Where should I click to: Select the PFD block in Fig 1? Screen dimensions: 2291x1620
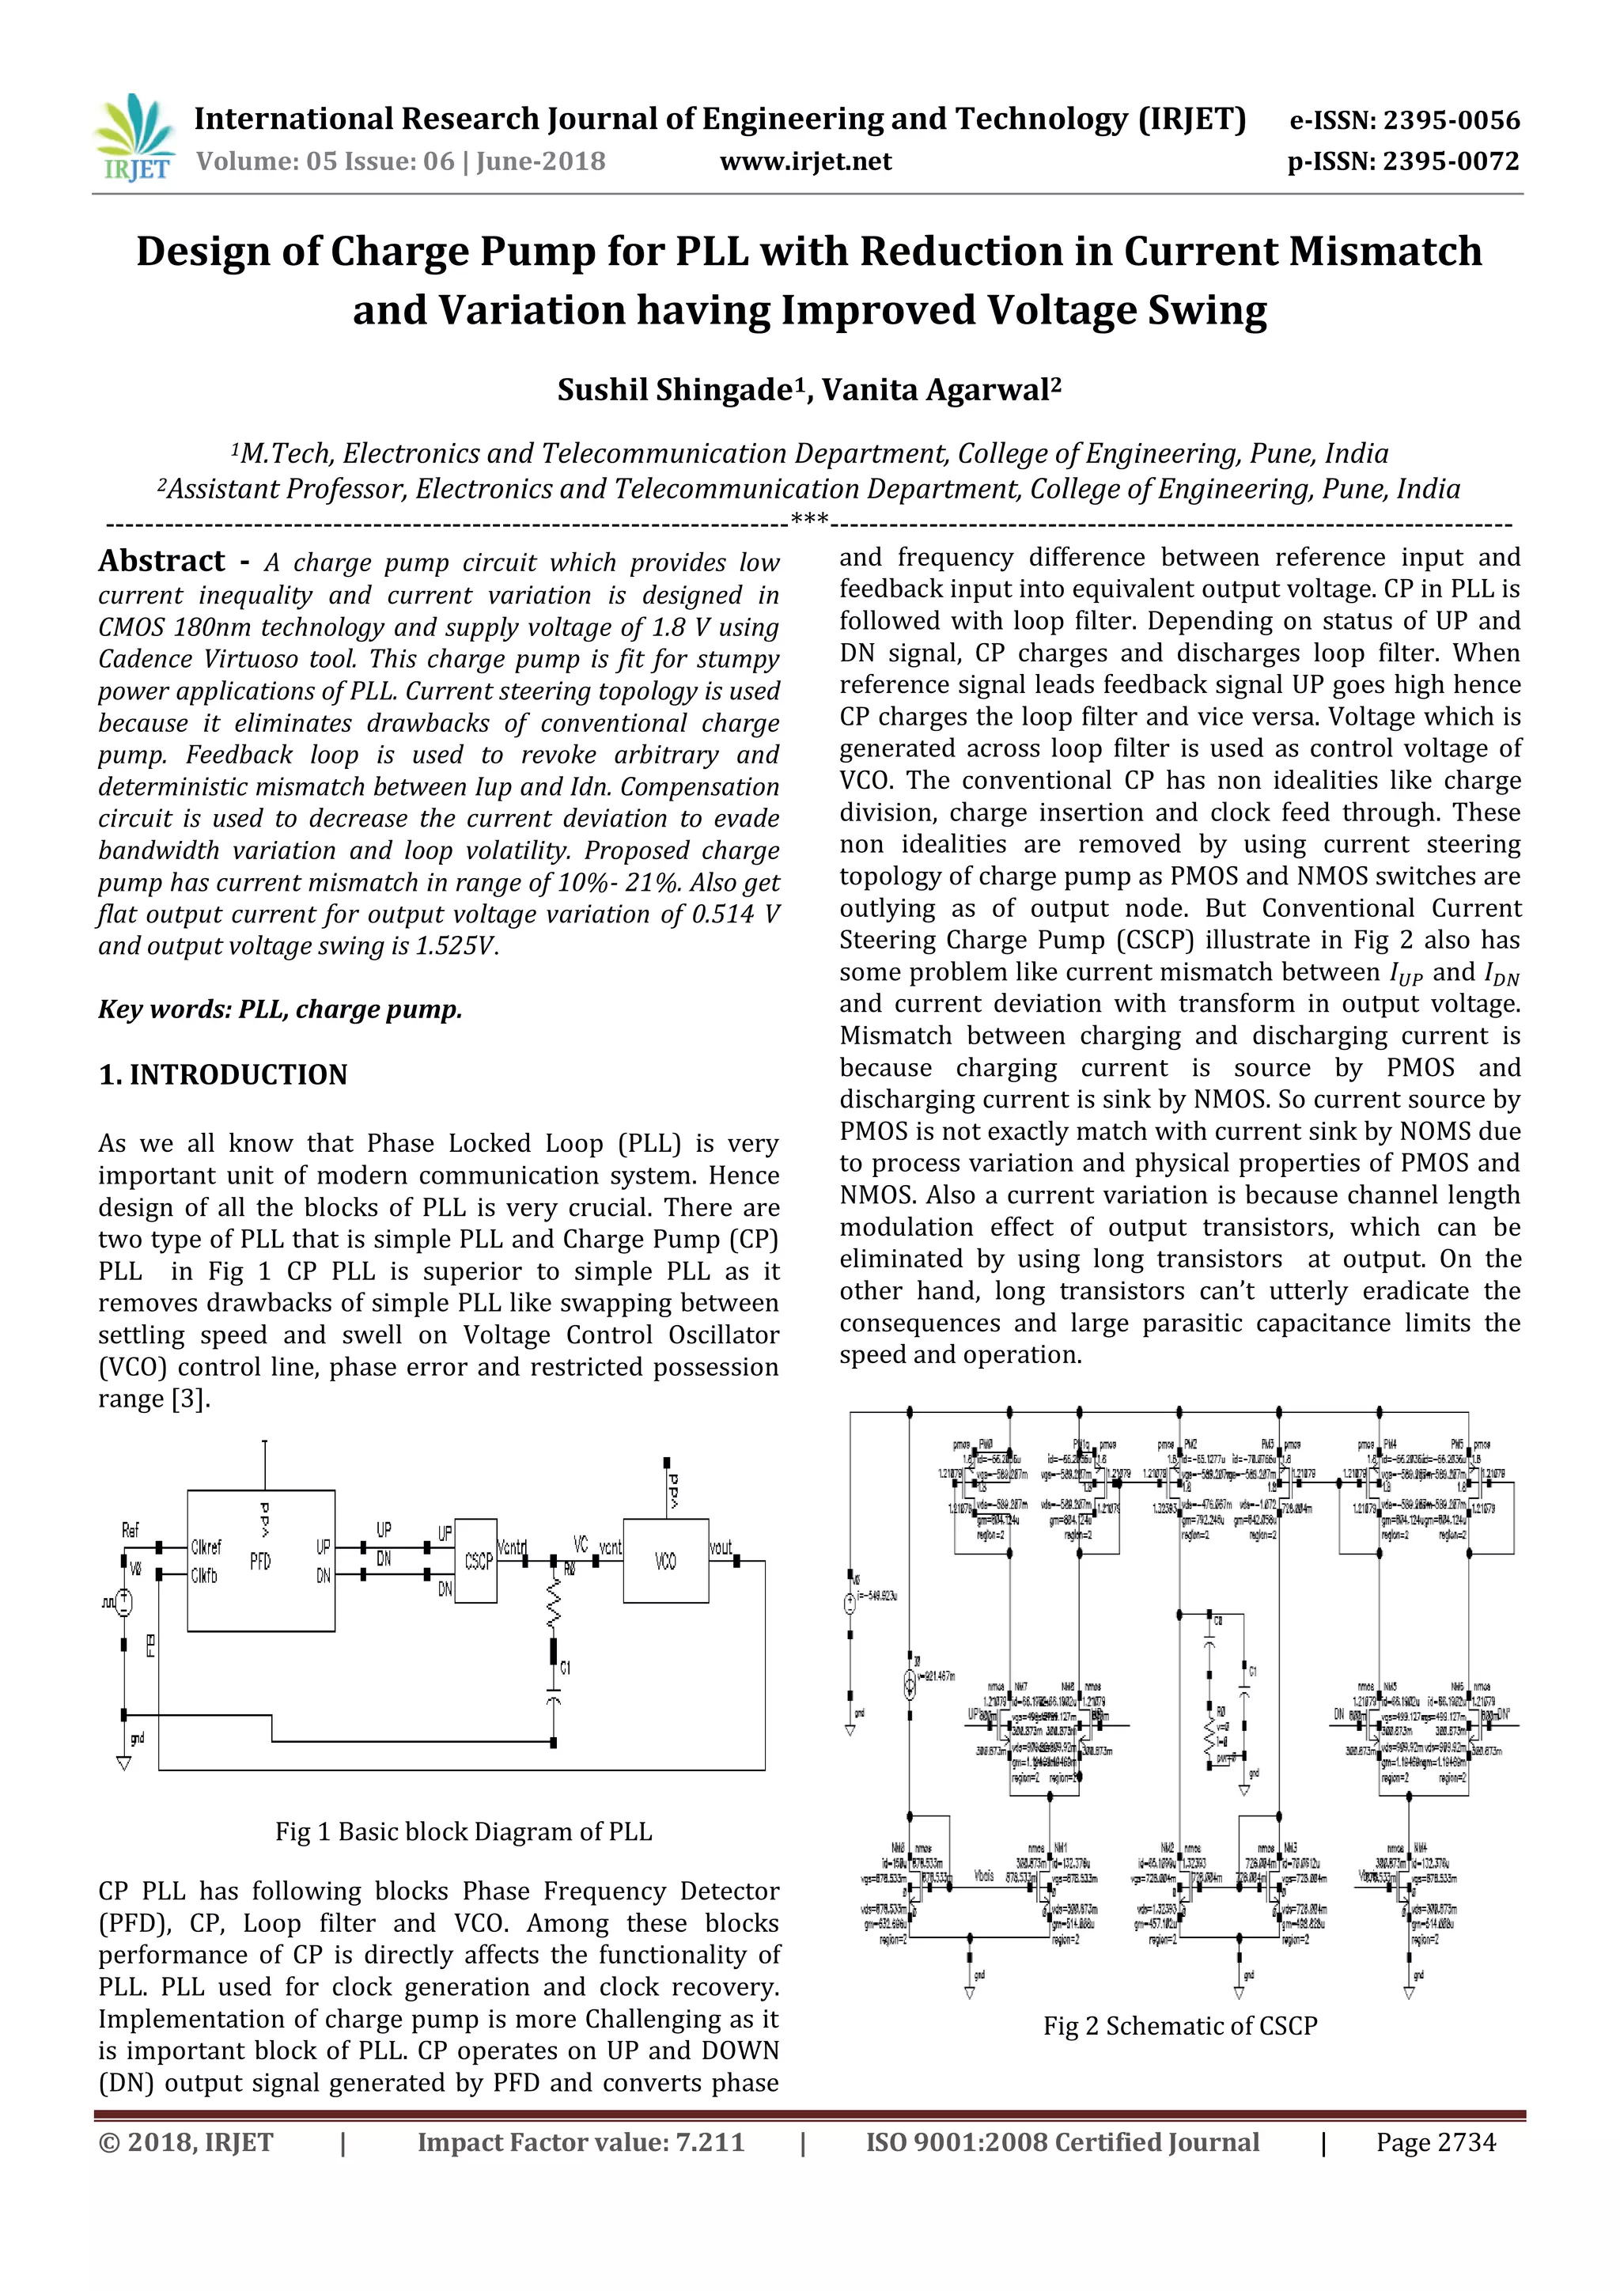[x=260, y=1561]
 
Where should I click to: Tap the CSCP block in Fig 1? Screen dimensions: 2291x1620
[x=478, y=1561]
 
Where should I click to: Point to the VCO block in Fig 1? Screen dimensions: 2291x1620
[x=665, y=1561]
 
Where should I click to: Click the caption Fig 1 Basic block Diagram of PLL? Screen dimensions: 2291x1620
[x=463, y=1831]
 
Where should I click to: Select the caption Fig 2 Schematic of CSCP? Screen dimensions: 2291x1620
[x=1179, y=2025]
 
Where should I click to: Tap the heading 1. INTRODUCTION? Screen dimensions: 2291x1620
[x=222, y=1074]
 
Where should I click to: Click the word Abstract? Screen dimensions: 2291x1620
[x=161, y=561]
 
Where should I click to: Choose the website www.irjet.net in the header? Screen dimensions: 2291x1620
[x=805, y=161]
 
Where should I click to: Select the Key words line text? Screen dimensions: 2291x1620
[x=279, y=1009]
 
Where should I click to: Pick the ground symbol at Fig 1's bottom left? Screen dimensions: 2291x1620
[x=123, y=1762]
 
